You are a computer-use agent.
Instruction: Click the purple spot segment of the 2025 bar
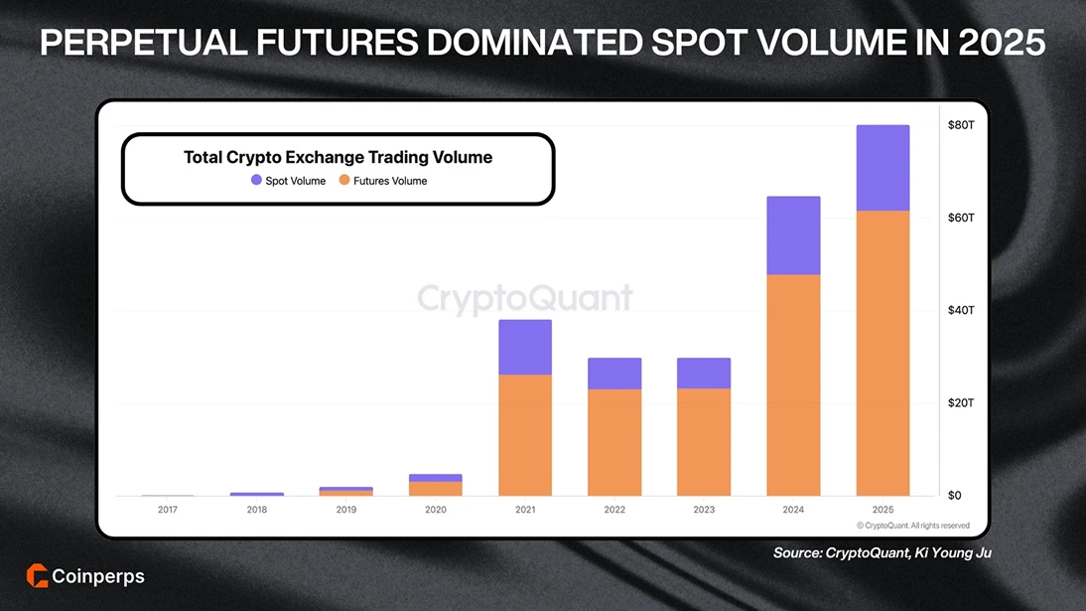pyautogui.click(x=882, y=168)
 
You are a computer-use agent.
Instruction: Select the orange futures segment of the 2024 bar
pyautogui.click(x=793, y=385)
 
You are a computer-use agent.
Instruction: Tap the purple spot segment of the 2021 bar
pyautogui.click(x=525, y=347)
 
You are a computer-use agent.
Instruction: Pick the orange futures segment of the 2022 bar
pyautogui.click(x=614, y=442)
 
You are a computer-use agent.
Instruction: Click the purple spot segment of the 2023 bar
pyautogui.click(x=704, y=373)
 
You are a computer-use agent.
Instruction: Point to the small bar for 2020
pyautogui.click(x=436, y=486)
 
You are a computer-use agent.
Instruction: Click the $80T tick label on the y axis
pyautogui.click(x=962, y=125)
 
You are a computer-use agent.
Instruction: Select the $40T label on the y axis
pyautogui.click(x=962, y=310)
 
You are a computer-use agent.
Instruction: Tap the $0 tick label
pyautogui.click(x=955, y=495)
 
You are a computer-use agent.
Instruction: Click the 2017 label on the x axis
pyautogui.click(x=168, y=510)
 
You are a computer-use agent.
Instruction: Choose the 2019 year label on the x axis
pyautogui.click(x=346, y=510)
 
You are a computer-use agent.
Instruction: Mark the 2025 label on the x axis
pyautogui.click(x=882, y=510)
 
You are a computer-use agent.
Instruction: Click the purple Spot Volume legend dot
pyautogui.click(x=256, y=181)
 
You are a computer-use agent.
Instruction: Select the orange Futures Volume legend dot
pyautogui.click(x=344, y=181)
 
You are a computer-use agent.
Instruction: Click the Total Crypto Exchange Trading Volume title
pyautogui.click(x=338, y=157)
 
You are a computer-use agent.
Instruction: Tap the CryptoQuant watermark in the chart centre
pyautogui.click(x=524, y=298)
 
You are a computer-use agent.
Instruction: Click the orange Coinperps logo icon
pyautogui.click(x=38, y=576)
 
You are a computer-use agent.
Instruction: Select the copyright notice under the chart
pyautogui.click(x=913, y=525)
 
